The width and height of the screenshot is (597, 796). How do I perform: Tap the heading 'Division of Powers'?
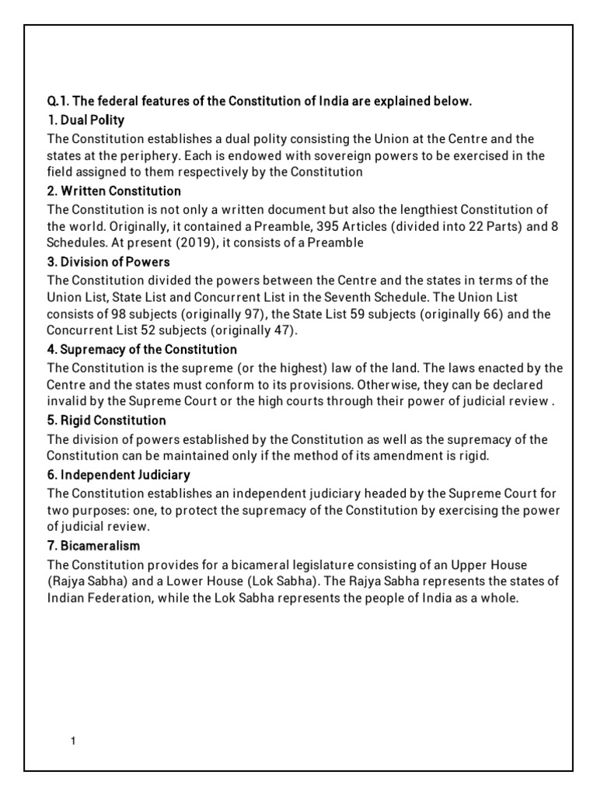tap(108, 261)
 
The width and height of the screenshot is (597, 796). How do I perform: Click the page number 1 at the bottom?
tap(72, 741)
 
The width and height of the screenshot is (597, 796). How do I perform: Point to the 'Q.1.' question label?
tap(59, 101)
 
